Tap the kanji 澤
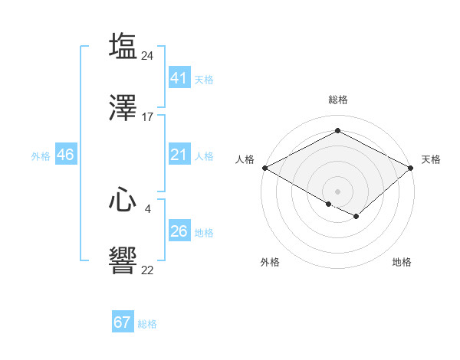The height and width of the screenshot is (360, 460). pos(123,109)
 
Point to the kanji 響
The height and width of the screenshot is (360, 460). pos(123,262)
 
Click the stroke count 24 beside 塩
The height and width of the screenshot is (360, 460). pos(148,55)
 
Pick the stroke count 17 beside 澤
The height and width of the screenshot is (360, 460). pos(148,117)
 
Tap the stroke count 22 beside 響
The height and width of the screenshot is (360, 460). pos(148,270)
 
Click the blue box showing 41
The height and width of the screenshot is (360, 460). pos(179,77)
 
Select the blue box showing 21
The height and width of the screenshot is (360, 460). pos(179,155)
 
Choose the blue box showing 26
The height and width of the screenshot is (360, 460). pos(179,231)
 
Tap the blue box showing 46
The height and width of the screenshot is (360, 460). pos(65,155)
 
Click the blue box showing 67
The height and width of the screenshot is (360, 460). pos(122,322)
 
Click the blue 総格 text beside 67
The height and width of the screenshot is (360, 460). pos(147,324)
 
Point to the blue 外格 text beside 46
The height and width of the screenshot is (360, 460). pos(41,156)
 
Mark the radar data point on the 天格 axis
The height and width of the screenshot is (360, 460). pos(412,168)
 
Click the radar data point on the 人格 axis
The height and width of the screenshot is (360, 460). pos(264,168)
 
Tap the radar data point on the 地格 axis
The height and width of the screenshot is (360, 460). pos(356,217)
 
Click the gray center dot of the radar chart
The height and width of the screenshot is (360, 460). pos(337,191)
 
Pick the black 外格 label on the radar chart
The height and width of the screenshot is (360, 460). pos(270,262)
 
